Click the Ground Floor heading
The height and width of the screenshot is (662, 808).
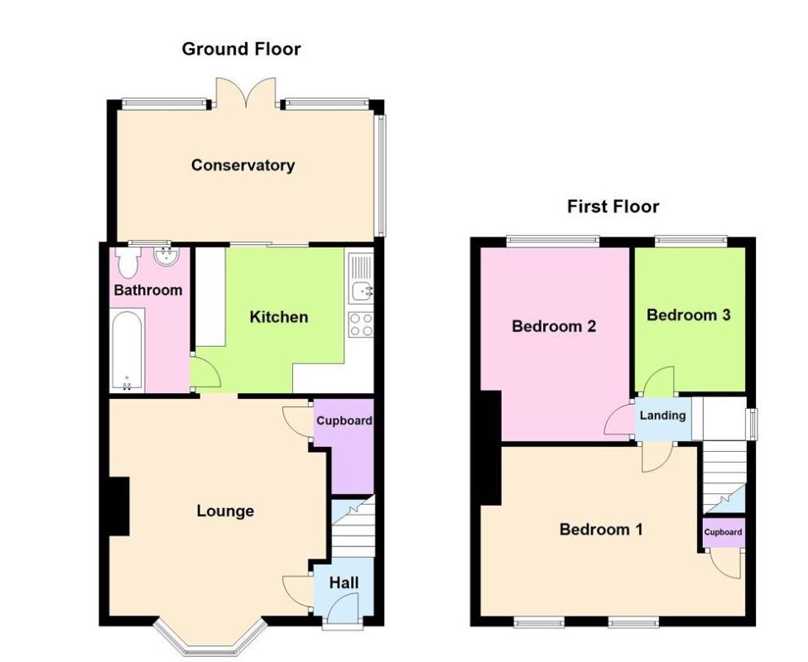(x=241, y=50)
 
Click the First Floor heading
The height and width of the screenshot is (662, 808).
(x=613, y=207)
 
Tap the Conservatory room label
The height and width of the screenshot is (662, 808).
(x=243, y=165)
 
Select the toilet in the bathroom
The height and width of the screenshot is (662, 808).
(x=127, y=263)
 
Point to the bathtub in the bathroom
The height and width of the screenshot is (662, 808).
(x=127, y=351)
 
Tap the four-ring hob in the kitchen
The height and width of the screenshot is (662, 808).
(x=361, y=324)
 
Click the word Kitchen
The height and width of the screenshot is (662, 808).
(x=279, y=317)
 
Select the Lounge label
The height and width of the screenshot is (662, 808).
(x=225, y=511)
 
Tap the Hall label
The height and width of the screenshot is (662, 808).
(x=344, y=583)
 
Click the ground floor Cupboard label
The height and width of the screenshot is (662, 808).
(x=344, y=420)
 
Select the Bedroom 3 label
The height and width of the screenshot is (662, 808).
(x=688, y=315)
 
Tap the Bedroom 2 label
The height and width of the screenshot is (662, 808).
(x=554, y=326)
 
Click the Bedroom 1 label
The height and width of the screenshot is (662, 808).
(x=601, y=530)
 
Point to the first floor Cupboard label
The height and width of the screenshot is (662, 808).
(x=723, y=532)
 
